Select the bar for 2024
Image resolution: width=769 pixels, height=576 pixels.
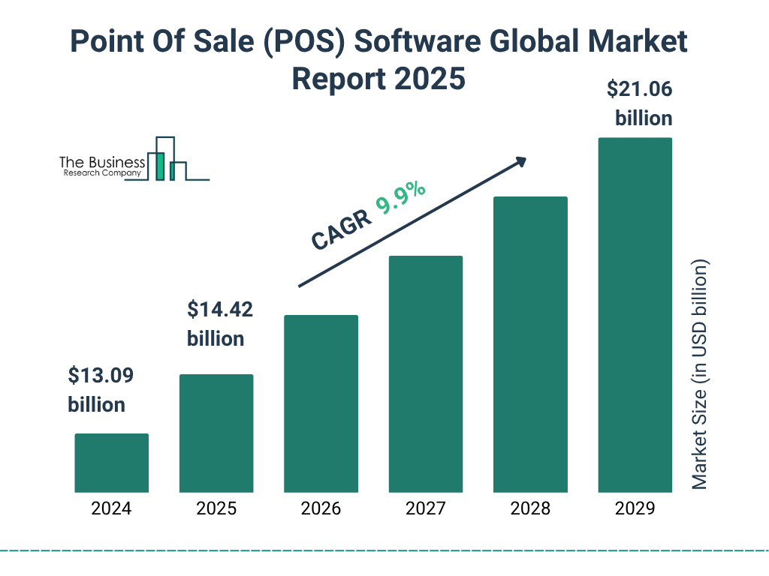click(x=111, y=463)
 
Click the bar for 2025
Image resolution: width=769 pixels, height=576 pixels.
click(x=216, y=433)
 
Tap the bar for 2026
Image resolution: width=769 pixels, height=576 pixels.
click(x=321, y=403)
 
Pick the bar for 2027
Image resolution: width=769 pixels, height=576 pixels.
click(x=426, y=373)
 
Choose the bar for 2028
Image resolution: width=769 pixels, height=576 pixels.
click(x=530, y=344)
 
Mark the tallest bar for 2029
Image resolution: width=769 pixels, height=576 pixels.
click(x=635, y=315)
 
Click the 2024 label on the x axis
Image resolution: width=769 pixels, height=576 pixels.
click(x=111, y=508)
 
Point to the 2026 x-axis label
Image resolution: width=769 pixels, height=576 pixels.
click(x=321, y=508)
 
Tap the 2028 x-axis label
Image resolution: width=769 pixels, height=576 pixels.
click(x=530, y=508)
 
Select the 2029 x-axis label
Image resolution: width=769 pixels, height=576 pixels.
click(x=635, y=508)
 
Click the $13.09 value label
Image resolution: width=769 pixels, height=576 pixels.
click(x=100, y=375)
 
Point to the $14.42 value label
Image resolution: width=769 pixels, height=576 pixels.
click(x=219, y=309)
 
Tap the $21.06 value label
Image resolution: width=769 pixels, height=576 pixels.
click(x=639, y=90)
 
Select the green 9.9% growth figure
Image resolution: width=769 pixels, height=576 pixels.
click(x=401, y=197)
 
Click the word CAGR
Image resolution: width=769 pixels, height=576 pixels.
click(x=340, y=229)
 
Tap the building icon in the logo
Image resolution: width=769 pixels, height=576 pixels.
click(x=165, y=159)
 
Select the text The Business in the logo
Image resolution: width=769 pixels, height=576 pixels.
click(x=102, y=162)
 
